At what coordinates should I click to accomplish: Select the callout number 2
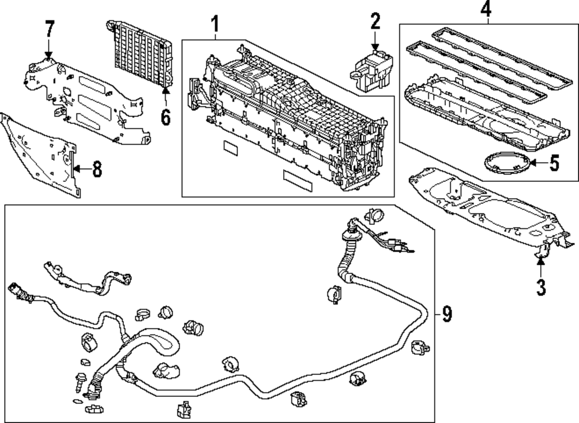(x=375, y=21)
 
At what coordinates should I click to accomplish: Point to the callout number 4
(x=486, y=9)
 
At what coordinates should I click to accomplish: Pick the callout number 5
(x=554, y=163)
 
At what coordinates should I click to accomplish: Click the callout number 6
(x=166, y=118)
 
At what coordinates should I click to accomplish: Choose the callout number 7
(x=49, y=29)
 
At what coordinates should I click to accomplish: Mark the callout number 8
(x=97, y=170)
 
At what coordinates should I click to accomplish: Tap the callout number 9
(x=447, y=315)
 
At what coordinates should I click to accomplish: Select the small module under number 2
(x=372, y=70)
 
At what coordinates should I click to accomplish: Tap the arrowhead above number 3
(x=541, y=261)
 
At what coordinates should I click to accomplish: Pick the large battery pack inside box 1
(x=288, y=118)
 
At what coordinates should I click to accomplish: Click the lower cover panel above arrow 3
(x=491, y=207)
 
